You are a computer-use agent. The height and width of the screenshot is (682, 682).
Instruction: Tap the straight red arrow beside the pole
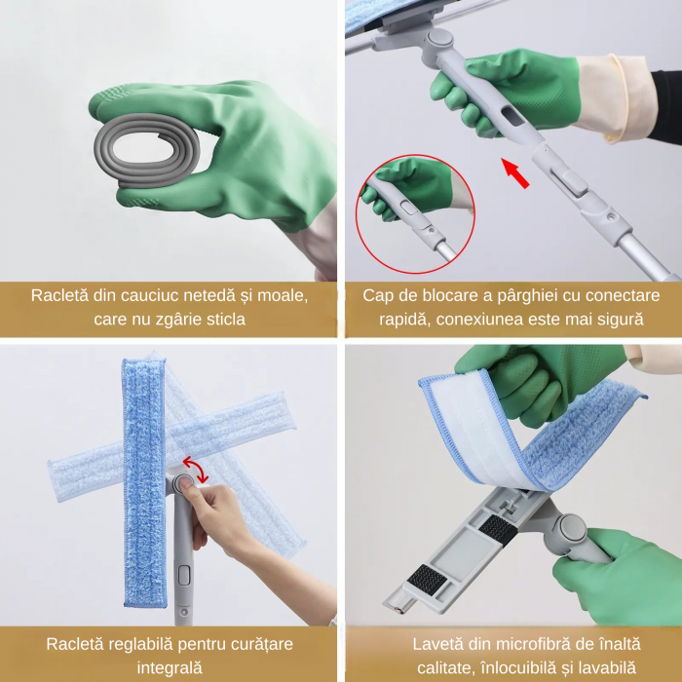(x=515, y=173)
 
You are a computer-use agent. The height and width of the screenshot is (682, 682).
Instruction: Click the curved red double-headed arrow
(x=196, y=469)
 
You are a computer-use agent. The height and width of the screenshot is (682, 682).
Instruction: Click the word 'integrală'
(x=170, y=667)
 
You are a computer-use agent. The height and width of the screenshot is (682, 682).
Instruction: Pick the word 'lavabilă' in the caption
(x=609, y=667)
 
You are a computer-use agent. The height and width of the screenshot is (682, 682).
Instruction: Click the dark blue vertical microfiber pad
(x=144, y=483)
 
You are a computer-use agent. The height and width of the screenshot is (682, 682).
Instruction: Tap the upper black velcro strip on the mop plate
(x=499, y=528)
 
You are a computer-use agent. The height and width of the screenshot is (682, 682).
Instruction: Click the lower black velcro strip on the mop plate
(x=428, y=579)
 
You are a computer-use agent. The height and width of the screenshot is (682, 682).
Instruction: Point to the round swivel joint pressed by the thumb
(x=183, y=483)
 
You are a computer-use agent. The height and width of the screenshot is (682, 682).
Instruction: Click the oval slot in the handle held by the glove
(x=512, y=116)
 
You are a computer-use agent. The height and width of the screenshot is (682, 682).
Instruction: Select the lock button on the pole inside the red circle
(x=409, y=207)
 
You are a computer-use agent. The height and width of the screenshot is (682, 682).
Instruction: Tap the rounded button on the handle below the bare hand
(x=184, y=575)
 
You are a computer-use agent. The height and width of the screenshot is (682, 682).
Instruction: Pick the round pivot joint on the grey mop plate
(x=570, y=527)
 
